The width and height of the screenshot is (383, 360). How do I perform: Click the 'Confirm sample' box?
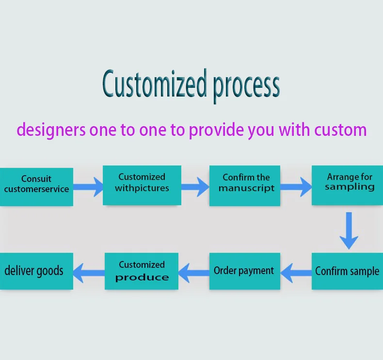pyautogui.click(x=347, y=271)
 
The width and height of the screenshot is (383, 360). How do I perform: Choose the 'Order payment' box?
pyautogui.click(x=245, y=271)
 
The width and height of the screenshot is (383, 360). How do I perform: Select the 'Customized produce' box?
pyautogui.click(x=142, y=271)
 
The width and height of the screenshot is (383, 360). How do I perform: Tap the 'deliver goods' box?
pyautogui.click(x=36, y=271)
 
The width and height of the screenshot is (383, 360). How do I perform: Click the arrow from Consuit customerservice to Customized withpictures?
pyautogui.click(x=88, y=186)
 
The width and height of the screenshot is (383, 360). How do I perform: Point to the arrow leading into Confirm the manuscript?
pyautogui.click(x=195, y=186)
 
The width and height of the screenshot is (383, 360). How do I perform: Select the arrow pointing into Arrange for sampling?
pyautogui.click(x=296, y=186)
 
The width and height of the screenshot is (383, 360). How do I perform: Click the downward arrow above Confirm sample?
pyautogui.click(x=349, y=230)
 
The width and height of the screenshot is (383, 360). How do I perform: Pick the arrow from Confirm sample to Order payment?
pyautogui.click(x=296, y=272)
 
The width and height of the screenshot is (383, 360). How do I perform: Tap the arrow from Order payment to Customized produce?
pyautogui.click(x=194, y=272)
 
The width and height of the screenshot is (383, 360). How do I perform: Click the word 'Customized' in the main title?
pyautogui.click(x=154, y=84)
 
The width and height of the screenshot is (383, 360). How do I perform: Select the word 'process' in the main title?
pyautogui.click(x=246, y=86)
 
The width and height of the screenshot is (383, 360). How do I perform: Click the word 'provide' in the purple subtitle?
pyautogui.click(x=216, y=130)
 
